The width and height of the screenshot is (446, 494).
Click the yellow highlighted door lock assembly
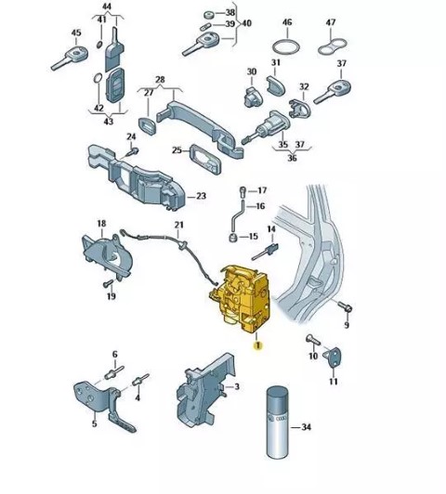pos(242,298)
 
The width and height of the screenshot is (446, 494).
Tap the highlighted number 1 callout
pos(258,345)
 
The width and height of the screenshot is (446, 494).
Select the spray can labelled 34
pos(278,422)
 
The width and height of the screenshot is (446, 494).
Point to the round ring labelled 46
pos(286,47)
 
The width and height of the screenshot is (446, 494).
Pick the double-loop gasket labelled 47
pos(333,46)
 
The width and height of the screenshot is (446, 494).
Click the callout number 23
pos(201,196)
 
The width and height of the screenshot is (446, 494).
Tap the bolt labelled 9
pos(345,306)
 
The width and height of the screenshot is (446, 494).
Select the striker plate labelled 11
pos(333,357)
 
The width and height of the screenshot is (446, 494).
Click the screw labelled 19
pos(108,283)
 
